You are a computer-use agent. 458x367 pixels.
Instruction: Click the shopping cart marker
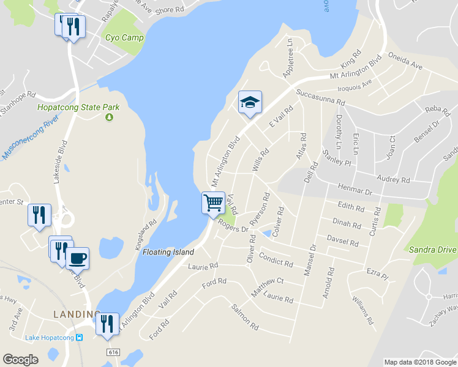pos(213,202)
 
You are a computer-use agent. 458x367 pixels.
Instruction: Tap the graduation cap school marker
pos(250,102)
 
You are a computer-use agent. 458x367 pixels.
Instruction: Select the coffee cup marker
pos(77,258)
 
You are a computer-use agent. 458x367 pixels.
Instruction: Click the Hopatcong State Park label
pos(78,107)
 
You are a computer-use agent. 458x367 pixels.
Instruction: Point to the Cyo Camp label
pos(124,38)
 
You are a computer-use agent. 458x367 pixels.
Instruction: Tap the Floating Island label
pos(168,252)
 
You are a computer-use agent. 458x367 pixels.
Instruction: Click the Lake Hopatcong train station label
pos(50,338)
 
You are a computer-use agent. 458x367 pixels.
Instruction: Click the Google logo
pos(21,359)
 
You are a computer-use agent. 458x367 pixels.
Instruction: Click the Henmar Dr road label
pos(355,192)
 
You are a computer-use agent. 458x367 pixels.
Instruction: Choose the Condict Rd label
pos(276,259)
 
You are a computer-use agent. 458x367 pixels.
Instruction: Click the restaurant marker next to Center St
pos(39,215)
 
